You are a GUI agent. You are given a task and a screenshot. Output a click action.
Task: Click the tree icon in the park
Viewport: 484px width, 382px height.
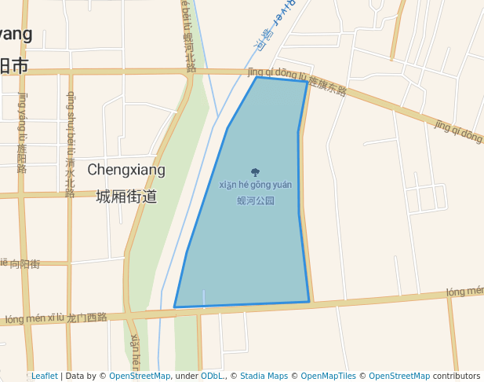click(x=255, y=172)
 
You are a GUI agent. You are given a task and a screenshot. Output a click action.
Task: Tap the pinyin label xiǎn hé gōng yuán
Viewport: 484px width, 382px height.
click(x=255, y=185)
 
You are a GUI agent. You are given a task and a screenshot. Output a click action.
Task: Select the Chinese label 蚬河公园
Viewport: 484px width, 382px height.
click(x=256, y=200)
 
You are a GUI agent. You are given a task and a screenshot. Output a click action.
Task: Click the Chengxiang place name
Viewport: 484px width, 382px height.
click(x=126, y=170)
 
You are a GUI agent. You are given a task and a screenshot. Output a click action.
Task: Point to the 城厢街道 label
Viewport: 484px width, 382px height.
click(x=126, y=197)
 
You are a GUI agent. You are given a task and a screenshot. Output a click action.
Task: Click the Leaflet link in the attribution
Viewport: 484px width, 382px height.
click(x=45, y=376)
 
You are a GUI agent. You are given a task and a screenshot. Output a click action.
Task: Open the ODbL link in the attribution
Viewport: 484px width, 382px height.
click(x=212, y=376)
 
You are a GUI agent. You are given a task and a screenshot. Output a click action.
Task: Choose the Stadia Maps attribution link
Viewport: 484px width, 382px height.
click(x=264, y=376)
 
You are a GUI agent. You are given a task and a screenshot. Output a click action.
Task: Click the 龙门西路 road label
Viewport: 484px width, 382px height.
click(x=87, y=318)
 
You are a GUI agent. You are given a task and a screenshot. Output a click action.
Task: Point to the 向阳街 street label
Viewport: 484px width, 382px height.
click(x=24, y=264)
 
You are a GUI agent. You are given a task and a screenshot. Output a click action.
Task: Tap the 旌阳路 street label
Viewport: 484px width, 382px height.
click(x=22, y=156)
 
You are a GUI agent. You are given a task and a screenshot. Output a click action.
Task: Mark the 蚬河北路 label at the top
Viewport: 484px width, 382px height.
click(x=189, y=53)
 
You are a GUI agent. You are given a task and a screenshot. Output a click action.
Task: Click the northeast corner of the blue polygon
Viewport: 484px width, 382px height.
click(x=307, y=82)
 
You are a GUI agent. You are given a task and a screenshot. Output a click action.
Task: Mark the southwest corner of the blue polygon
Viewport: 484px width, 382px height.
click(x=174, y=307)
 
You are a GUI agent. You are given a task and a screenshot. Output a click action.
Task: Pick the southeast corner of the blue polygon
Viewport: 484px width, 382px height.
click(x=309, y=301)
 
